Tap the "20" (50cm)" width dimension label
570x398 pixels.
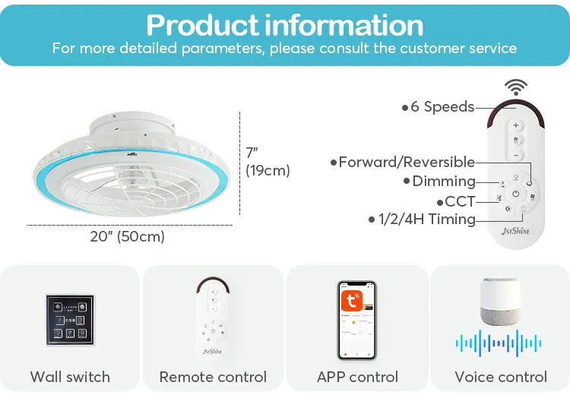click(128, 236)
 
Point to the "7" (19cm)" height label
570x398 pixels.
click(267, 162)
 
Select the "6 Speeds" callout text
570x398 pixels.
click(442, 107)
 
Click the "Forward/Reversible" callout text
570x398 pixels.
click(406, 162)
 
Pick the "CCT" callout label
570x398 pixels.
click(459, 201)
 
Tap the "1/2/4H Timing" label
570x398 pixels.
click(426, 220)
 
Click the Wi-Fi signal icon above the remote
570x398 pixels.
click(516, 87)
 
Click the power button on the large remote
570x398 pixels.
click(516, 193)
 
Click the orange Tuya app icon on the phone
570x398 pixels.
click(350, 296)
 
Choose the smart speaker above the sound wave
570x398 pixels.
click(501, 302)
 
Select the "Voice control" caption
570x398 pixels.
click(500, 377)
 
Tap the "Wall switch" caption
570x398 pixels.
click(70, 377)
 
